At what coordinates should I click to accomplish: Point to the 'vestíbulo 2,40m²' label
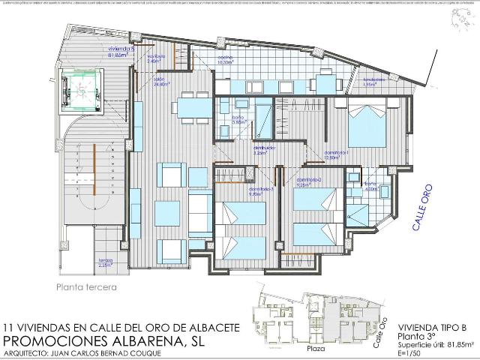pyautogui.click(x=156, y=59)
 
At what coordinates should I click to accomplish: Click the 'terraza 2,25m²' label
pyautogui.click(x=105, y=262)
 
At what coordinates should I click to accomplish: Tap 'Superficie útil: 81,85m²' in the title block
pyautogui.click(x=435, y=345)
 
